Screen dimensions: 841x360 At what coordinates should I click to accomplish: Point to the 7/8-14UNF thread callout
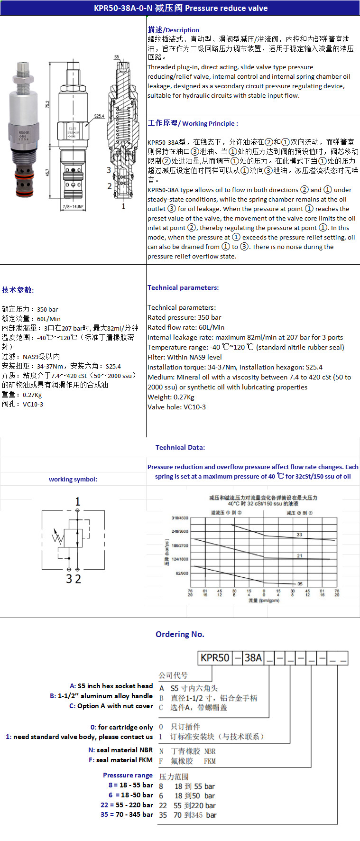pos(72,206)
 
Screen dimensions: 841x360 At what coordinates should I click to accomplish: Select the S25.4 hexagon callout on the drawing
pos(99,116)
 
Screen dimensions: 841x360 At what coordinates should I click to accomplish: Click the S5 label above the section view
pos(117,57)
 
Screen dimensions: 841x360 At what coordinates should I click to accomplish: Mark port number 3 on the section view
pos(109,170)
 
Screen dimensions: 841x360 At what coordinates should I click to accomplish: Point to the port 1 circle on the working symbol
pos(78,510)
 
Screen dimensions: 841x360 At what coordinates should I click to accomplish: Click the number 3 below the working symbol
pos(69,579)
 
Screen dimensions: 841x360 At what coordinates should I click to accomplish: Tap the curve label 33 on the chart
pos(299,535)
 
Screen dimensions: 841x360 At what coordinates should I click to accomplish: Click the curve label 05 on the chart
pos(300,584)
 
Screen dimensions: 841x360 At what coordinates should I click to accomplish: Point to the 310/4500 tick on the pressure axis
pos(180,518)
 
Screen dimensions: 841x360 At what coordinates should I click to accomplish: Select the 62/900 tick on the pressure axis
pos(182,573)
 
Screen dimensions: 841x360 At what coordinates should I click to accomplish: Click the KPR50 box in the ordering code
pos(215,658)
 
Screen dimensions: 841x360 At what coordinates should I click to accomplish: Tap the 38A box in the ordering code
pos(253,658)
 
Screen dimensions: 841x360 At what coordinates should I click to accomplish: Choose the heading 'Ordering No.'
pos(180,634)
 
